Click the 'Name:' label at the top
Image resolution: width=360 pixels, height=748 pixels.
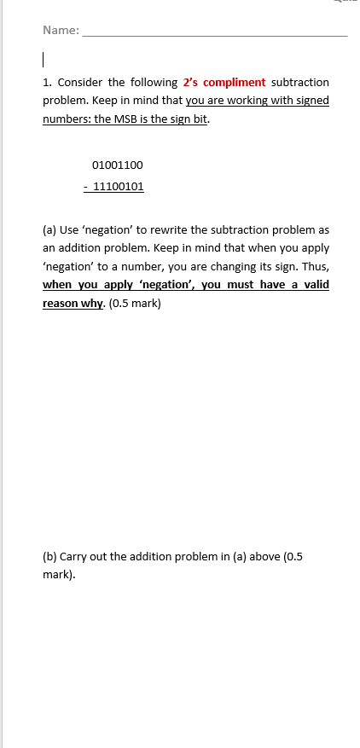click(61, 32)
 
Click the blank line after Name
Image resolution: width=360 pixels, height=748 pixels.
click(213, 34)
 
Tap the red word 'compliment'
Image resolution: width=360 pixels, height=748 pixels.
click(235, 82)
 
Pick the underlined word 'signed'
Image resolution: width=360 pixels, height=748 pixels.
click(311, 101)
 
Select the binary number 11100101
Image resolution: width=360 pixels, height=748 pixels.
click(119, 185)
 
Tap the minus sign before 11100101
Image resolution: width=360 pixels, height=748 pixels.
click(86, 185)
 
